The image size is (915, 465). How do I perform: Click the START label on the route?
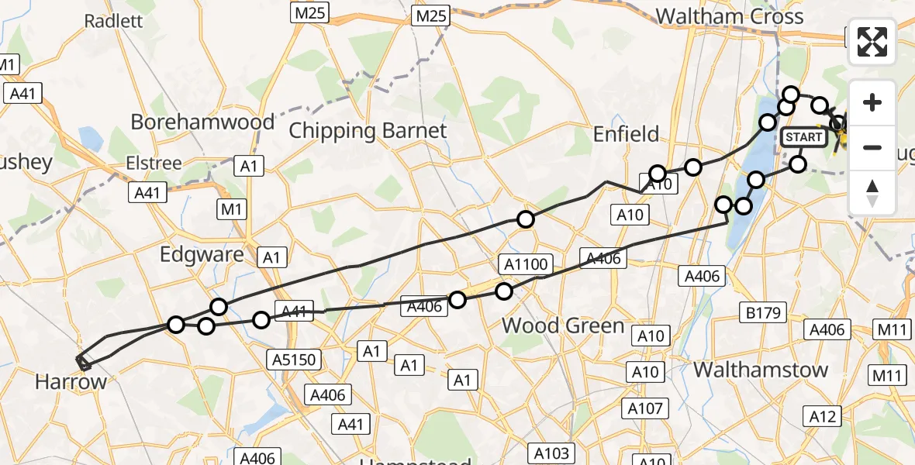pyautogui.click(x=804, y=138)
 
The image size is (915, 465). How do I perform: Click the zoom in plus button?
pyautogui.click(x=872, y=103)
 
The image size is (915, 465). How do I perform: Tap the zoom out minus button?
pyautogui.click(x=872, y=147)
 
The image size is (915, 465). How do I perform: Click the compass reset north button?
pyautogui.click(x=872, y=192)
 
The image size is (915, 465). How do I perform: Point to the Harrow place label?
pyautogui.click(x=70, y=381)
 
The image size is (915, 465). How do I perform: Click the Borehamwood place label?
pyautogui.click(x=202, y=122)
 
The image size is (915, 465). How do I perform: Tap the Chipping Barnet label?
pyautogui.click(x=368, y=130)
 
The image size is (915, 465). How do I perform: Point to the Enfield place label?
pyautogui.click(x=626, y=134)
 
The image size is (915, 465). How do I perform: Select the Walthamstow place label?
pyautogui.click(x=761, y=370)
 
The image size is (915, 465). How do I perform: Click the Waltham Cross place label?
pyautogui.click(x=718, y=16)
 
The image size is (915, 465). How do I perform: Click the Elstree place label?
pyautogui.click(x=156, y=164)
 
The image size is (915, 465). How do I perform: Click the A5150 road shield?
pyautogui.click(x=293, y=359)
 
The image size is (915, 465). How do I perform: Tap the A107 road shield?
pyautogui.click(x=645, y=408)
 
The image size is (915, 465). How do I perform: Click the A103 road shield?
pyautogui.click(x=551, y=453)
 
